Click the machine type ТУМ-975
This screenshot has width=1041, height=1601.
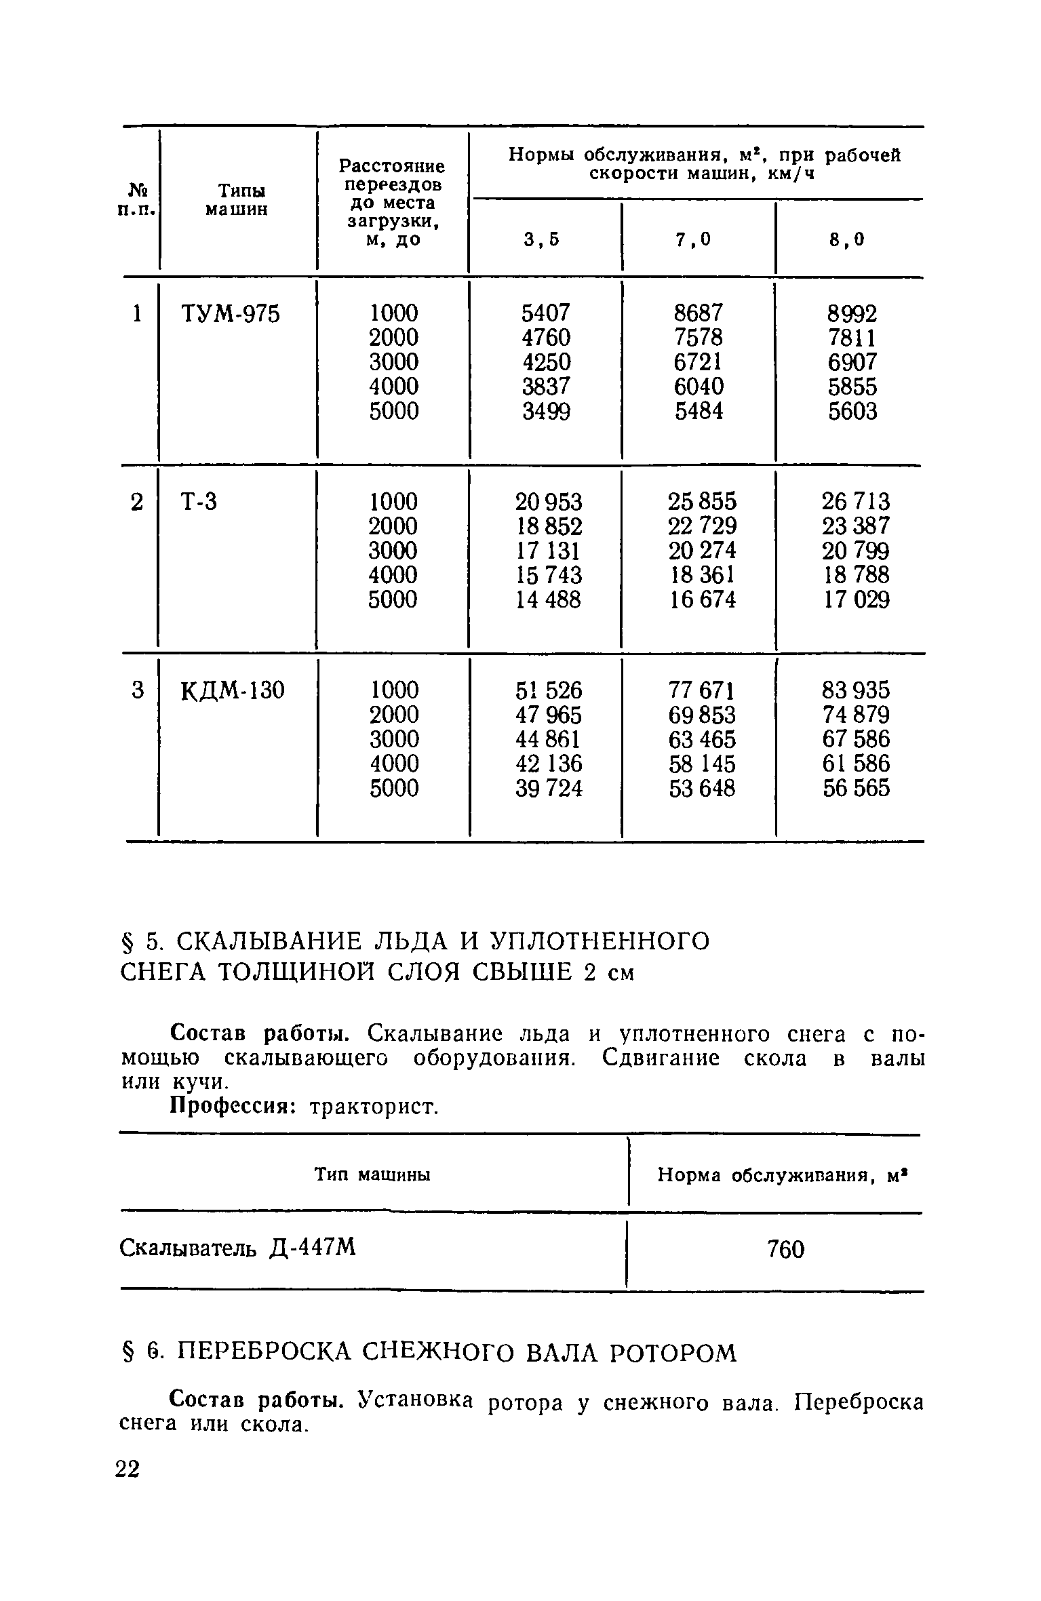pyautogui.click(x=230, y=315)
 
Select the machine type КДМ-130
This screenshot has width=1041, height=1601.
pyautogui.click(x=233, y=691)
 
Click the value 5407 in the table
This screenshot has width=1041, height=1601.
pyautogui.click(x=546, y=313)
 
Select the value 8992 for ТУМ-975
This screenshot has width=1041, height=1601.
pyautogui.click(x=852, y=314)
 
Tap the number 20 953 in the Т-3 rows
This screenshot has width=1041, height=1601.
pyautogui.click(x=549, y=502)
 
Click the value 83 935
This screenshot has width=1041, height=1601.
pyautogui.click(x=856, y=691)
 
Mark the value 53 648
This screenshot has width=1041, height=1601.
pyautogui.click(x=702, y=789)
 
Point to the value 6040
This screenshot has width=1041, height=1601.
pyautogui.click(x=699, y=387)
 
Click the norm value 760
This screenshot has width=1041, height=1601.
pyautogui.click(x=785, y=1249)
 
